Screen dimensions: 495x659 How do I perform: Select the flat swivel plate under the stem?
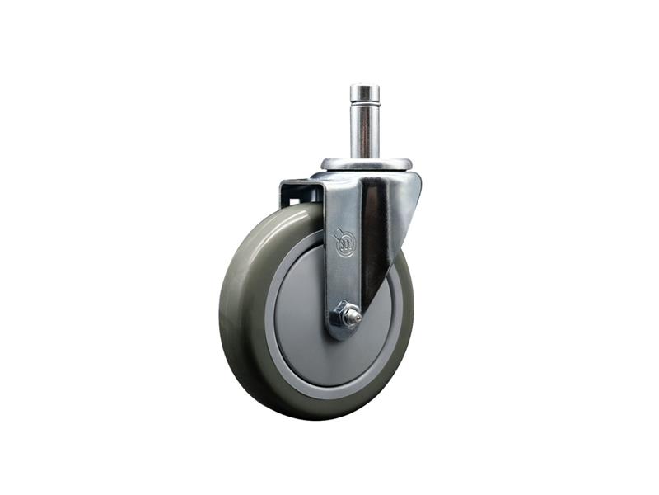366,164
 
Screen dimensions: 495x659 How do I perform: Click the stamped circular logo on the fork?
344,243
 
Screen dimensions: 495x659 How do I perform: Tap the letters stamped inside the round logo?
344,244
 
